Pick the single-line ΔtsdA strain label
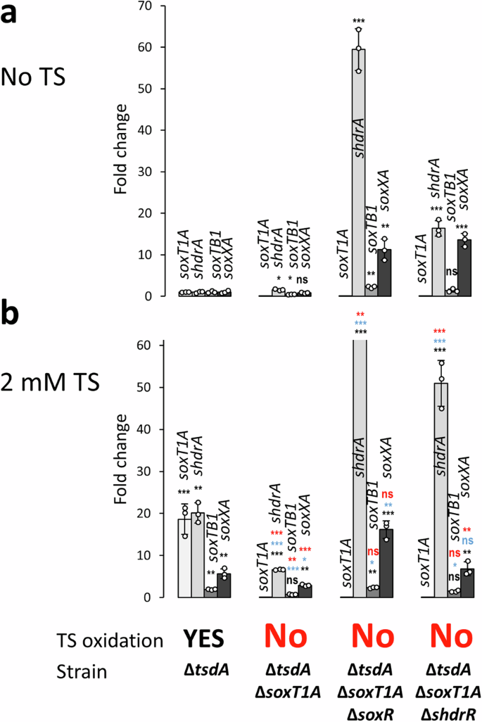pos(200,671)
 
